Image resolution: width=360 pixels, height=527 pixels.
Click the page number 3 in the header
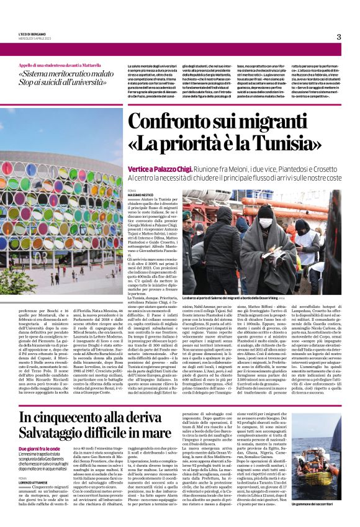[x=339, y=37]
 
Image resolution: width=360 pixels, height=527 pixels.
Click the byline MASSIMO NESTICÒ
[x=140, y=212]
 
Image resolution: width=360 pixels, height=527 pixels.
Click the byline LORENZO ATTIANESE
[x=36, y=463]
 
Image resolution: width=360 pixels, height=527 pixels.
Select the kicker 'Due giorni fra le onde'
[x=40, y=448]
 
